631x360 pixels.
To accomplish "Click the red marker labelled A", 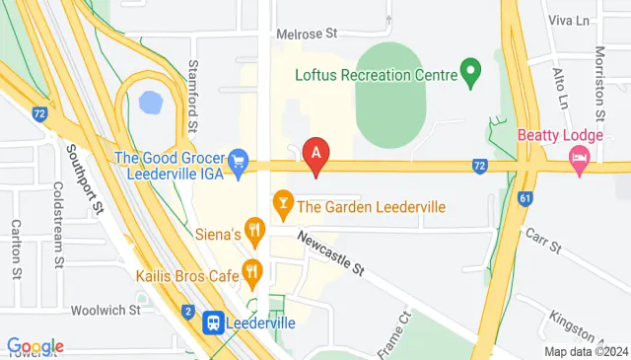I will click(x=315, y=155).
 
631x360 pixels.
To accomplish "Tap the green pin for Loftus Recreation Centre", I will click(x=471, y=72).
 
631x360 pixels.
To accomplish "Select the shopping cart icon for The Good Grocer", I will click(x=238, y=160).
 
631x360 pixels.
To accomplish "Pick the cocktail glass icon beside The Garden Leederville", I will click(x=282, y=206).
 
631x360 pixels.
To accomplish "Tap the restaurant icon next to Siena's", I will click(x=255, y=234).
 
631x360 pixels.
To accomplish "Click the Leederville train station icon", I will click(x=213, y=322).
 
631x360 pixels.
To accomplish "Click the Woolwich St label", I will click(x=106, y=309).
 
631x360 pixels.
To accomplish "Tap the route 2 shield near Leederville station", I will click(x=187, y=312).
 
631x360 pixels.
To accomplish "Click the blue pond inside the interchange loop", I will click(x=151, y=102).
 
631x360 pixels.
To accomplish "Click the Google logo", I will click(x=35, y=346).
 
